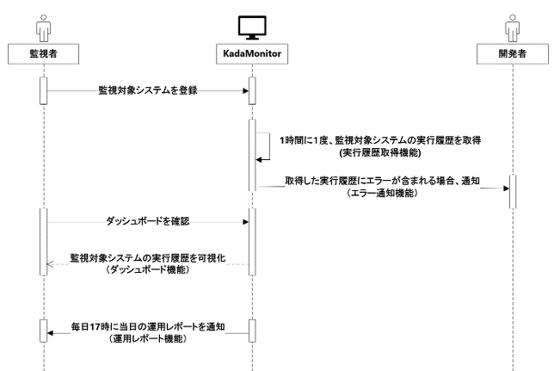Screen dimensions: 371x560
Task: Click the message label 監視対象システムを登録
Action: coord(147,90)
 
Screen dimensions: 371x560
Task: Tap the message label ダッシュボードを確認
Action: coord(147,220)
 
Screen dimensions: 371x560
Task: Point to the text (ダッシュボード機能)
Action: coord(147,269)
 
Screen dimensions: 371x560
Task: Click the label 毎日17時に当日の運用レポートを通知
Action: coord(147,328)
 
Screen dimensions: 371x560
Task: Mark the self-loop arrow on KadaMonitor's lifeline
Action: coord(266,147)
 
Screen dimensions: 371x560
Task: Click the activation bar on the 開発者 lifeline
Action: coord(511,191)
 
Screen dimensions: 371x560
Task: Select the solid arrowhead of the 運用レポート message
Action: coord(51,335)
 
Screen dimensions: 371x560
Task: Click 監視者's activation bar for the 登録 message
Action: coord(42,90)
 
